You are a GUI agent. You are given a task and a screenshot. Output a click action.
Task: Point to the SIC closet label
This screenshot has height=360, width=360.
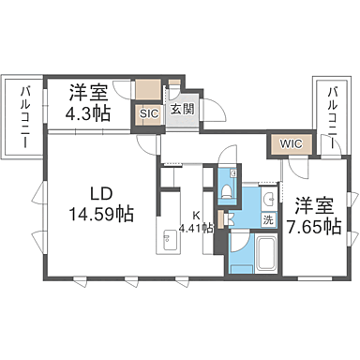point(148,114)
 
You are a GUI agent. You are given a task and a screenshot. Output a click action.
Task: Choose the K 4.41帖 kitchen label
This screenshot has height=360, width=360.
point(196,221)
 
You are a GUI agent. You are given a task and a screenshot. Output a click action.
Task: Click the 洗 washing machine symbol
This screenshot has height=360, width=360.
point(268,219)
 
